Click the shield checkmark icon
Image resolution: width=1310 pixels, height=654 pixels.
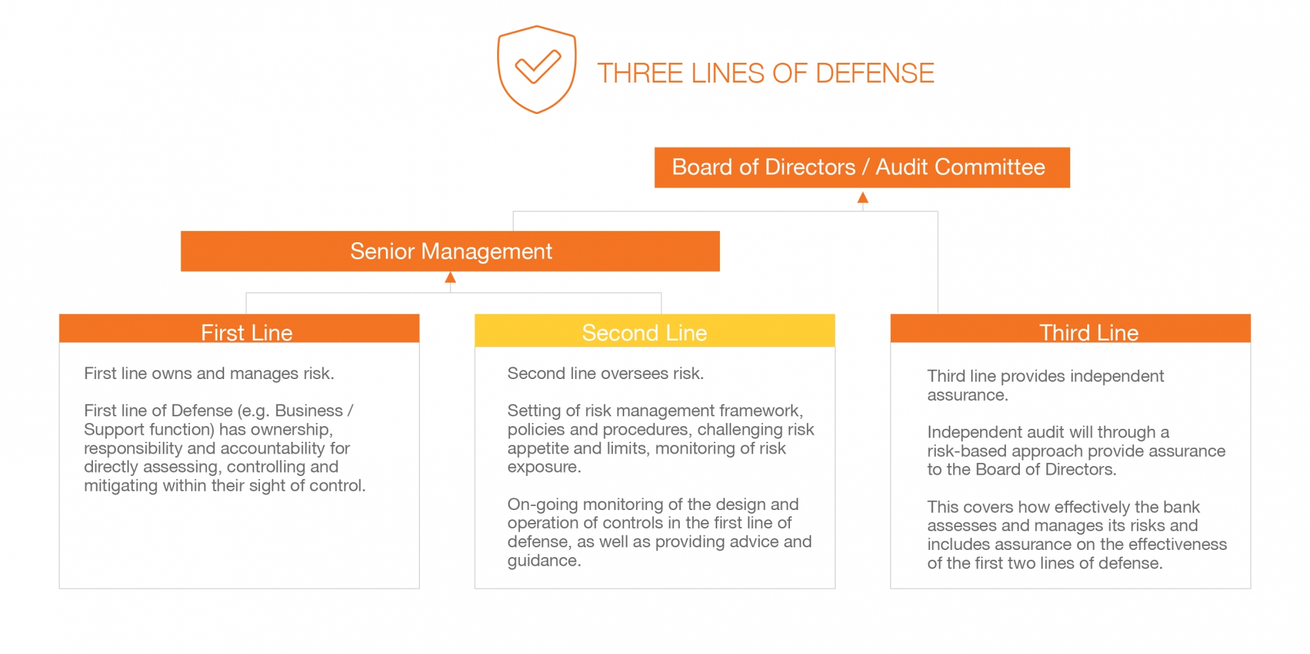tap(536, 69)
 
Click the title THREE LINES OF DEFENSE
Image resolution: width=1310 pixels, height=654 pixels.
tap(765, 73)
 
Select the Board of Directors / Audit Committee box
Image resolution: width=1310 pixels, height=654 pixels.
tap(862, 168)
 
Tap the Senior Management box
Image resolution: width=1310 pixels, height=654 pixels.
tap(450, 251)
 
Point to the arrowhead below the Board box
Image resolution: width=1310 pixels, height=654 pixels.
tap(863, 197)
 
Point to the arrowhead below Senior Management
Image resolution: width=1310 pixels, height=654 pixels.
tap(450, 278)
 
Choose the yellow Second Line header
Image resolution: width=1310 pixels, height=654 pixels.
tap(655, 331)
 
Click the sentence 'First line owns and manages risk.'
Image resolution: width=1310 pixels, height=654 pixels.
tap(209, 373)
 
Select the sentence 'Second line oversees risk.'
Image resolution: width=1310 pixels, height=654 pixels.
tap(605, 373)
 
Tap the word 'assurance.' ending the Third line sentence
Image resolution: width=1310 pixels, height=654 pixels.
tap(967, 395)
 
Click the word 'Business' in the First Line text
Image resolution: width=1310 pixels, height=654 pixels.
tap(309, 410)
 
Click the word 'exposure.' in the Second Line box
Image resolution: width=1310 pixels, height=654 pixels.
tap(544, 467)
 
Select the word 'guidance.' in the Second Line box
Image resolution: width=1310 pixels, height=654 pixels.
tap(544, 561)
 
